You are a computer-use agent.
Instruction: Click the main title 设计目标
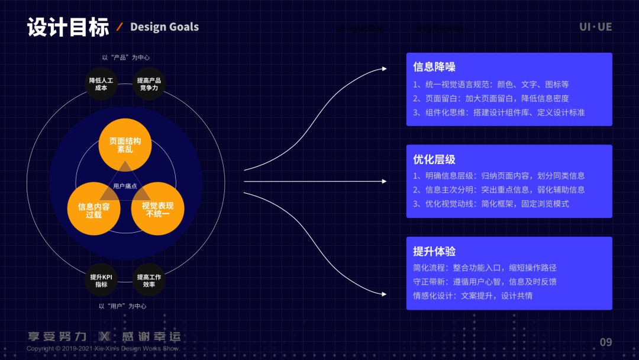(x=68, y=27)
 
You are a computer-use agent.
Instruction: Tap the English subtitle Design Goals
(x=164, y=27)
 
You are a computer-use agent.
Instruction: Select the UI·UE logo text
(x=595, y=27)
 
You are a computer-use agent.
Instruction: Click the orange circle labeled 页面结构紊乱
(x=125, y=145)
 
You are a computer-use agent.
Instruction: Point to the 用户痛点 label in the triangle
(x=125, y=186)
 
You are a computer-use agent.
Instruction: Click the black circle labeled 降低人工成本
(x=101, y=84)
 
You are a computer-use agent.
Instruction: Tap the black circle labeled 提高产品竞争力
(x=149, y=84)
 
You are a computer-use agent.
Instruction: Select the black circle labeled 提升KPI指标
(x=101, y=280)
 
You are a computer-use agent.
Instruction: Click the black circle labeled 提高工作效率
(x=149, y=280)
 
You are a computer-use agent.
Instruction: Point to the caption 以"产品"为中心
(x=125, y=57)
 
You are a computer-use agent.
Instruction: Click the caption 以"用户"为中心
(x=122, y=306)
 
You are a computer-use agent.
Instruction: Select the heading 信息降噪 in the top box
(x=434, y=67)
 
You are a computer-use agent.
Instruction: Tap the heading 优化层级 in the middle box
(x=434, y=159)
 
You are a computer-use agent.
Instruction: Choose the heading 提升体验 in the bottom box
(x=434, y=251)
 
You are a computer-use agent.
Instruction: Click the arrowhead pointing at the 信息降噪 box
(x=384, y=69)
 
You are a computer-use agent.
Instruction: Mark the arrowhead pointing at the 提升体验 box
(x=384, y=294)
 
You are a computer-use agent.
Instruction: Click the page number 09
(x=606, y=342)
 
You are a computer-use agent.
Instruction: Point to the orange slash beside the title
(x=120, y=27)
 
